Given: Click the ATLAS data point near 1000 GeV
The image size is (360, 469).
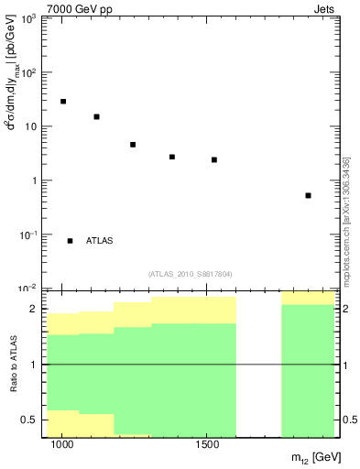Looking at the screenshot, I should click(x=63, y=102).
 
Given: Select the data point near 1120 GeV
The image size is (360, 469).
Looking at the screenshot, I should click(x=96, y=117).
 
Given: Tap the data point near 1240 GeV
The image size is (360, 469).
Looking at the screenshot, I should click(x=133, y=145).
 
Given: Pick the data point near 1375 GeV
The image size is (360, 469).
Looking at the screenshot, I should click(x=172, y=157).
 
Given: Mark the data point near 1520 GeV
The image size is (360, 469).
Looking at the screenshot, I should click(x=214, y=159).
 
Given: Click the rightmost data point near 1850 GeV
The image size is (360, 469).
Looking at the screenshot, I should click(x=309, y=195).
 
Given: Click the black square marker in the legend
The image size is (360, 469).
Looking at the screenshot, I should click(x=71, y=241).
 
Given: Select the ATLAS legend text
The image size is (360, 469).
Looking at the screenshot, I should click(x=99, y=241).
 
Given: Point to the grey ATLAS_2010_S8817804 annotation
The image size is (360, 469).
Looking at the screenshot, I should click(x=190, y=273).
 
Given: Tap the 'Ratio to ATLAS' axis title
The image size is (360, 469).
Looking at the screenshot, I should click(x=13, y=364).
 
